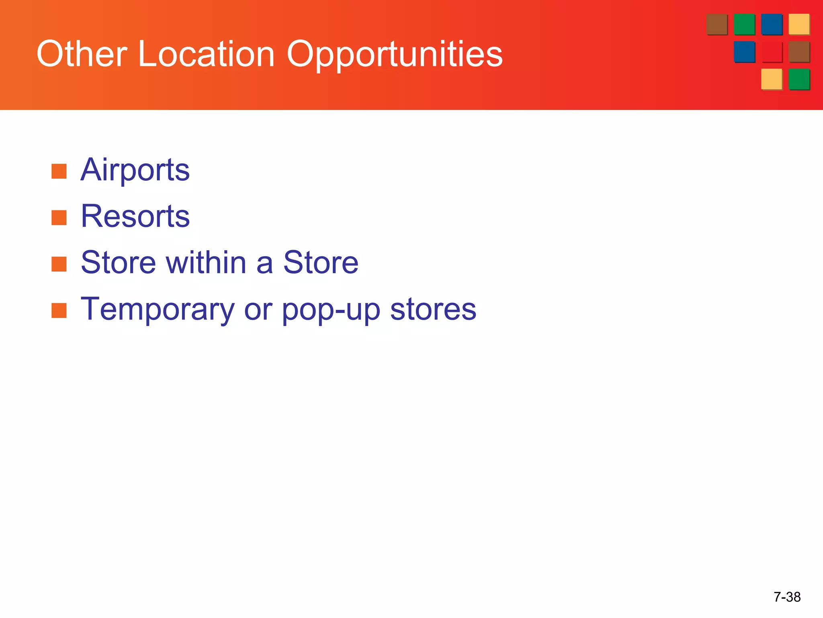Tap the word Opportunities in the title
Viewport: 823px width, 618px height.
click(394, 54)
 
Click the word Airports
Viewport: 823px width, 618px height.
click(135, 170)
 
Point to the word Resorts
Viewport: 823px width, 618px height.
click(135, 216)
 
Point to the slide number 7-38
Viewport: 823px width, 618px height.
click(787, 597)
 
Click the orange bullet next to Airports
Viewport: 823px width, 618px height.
click(59, 171)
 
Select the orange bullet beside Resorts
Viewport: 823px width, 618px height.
click(59, 218)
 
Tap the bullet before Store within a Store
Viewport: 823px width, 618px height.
click(59, 264)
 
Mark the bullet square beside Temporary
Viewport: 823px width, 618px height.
click(59, 311)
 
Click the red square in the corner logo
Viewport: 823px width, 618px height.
click(772, 52)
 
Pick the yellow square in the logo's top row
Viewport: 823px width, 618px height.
click(798, 24)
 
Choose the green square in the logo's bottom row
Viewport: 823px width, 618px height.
click(798, 79)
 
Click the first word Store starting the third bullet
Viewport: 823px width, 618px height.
click(118, 263)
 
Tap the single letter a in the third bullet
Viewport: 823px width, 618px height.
click(264, 264)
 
